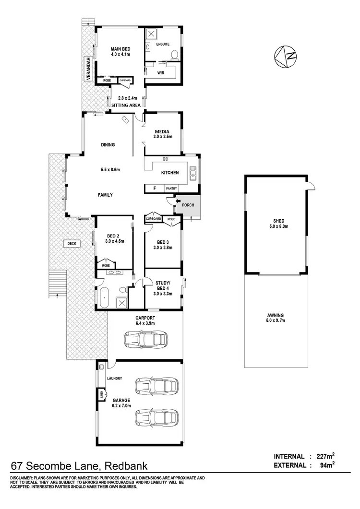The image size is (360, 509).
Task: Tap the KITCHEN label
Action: click(170, 173)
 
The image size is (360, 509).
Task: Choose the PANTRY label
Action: click(171, 189)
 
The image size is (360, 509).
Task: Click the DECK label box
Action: click(72, 244)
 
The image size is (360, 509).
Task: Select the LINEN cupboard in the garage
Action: click(101, 395)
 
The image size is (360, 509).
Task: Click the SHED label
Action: click(275, 221)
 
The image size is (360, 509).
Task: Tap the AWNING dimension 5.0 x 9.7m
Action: click(275, 321)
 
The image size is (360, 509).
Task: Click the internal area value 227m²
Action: click(325, 456)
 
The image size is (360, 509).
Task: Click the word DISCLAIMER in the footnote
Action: click(20, 478)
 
